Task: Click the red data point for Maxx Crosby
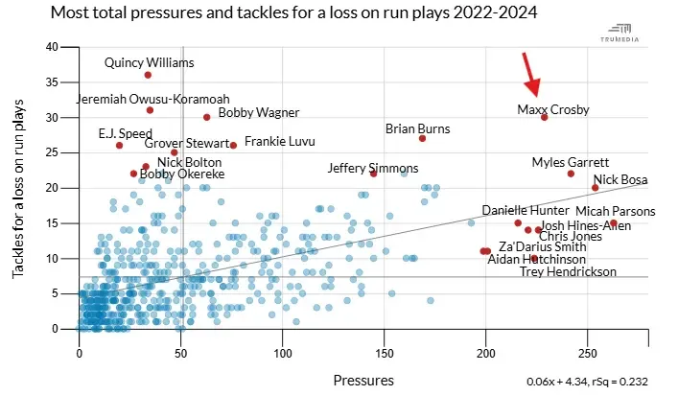coord(544,117)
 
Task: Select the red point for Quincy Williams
coord(148,75)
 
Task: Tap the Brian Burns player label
coord(418,128)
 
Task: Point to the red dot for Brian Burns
coord(422,138)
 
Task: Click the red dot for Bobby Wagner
coord(206,117)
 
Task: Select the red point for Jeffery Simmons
coord(373,174)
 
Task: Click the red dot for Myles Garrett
coord(571,174)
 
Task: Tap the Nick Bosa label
coord(620,179)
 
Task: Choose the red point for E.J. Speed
coord(119,145)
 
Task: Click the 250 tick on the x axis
coord(588,352)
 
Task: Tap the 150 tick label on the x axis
coord(385,352)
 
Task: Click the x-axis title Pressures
coord(363,380)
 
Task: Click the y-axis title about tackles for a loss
coord(18,189)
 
